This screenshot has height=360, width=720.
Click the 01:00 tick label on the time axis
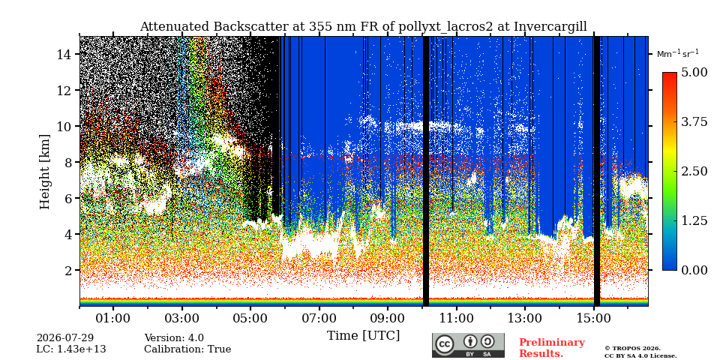(x=113, y=318)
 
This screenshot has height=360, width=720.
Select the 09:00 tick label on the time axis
(x=388, y=318)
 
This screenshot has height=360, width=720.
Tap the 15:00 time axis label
(x=593, y=318)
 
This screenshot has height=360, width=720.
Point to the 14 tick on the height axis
(x=65, y=55)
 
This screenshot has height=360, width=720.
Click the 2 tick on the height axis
(x=70, y=270)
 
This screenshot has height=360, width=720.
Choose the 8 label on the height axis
(x=70, y=162)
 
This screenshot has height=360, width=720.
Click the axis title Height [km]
(x=44, y=172)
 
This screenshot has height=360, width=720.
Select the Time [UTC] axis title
(x=363, y=336)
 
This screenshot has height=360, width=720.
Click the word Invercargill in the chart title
(x=550, y=27)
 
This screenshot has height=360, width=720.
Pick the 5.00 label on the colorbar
(x=694, y=73)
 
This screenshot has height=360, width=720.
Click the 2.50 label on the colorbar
(x=694, y=171)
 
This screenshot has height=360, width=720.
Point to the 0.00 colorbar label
(x=694, y=270)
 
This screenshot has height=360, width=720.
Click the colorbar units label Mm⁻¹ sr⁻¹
(x=678, y=53)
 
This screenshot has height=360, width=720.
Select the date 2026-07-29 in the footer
(x=65, y=338)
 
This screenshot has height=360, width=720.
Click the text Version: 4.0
(x=174, y=338)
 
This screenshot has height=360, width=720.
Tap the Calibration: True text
(x=187, y=349)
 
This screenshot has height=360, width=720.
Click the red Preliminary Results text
(x=552, y=348)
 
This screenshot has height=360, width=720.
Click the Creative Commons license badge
(x=468, y=345)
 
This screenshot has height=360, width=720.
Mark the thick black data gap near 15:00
(x=597, y=171)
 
